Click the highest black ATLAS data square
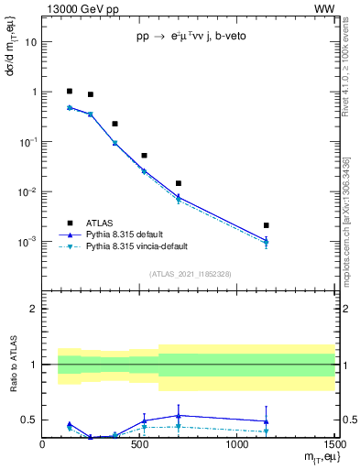pyautogui.click(x=70, y=92)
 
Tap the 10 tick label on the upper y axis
pyautogui.click(x=31, y=42)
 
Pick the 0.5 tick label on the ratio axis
pyautogui.click(x=28, y=420)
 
